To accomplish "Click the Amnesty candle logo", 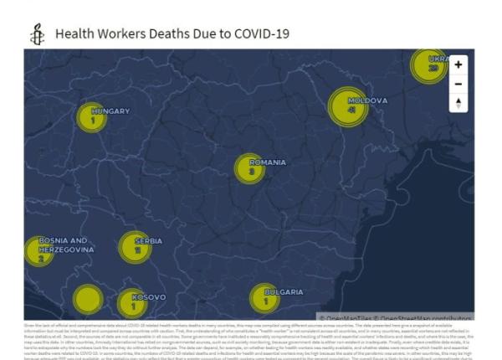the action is click(35, 34).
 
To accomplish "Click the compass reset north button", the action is click(458, 103).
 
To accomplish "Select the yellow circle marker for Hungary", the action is click(91, 118).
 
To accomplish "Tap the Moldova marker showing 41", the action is click(348, 107).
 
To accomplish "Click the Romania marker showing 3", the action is click(249, 169).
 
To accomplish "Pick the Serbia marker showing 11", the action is click(135, 247).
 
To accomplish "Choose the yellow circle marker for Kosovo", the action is click(132, 304).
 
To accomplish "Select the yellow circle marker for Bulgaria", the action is click(264, 299).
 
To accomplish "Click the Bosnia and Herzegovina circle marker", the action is click(39, 251).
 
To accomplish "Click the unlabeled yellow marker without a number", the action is click(88, 299).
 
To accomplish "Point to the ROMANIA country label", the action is click(268, 162).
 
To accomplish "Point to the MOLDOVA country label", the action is click(368, 100).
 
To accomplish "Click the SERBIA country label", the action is click(149, 241).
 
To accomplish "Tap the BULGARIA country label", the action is click(284, 291).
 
